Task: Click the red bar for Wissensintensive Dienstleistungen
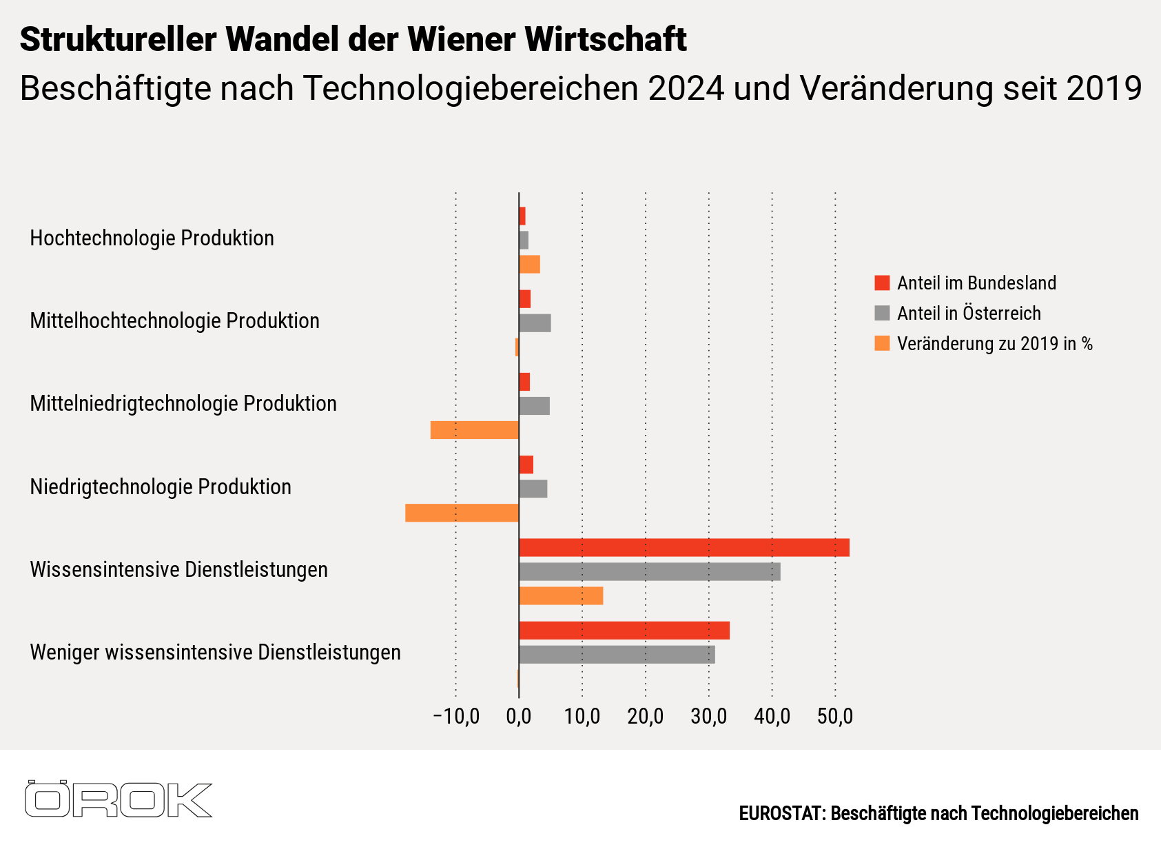[684, 548]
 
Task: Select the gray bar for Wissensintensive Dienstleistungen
[649, 572]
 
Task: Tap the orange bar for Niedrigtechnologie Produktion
[462, 513]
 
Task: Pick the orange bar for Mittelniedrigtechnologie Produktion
[474, 430]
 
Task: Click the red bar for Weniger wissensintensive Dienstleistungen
[624, 631]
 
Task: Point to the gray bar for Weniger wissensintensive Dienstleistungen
[617, 655]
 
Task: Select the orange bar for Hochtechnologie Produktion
[529, 265]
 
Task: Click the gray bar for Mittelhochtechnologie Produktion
[535, 323]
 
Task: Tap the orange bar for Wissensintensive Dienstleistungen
[561, 596]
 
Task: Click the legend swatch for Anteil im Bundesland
[882, 283]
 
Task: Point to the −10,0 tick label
[455, 717]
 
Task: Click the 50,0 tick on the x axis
[835, 717]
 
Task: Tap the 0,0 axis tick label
[519, 717]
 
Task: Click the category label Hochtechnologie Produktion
[152, 238]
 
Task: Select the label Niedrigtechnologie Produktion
[161, 487]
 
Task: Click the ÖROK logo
[118, 799]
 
